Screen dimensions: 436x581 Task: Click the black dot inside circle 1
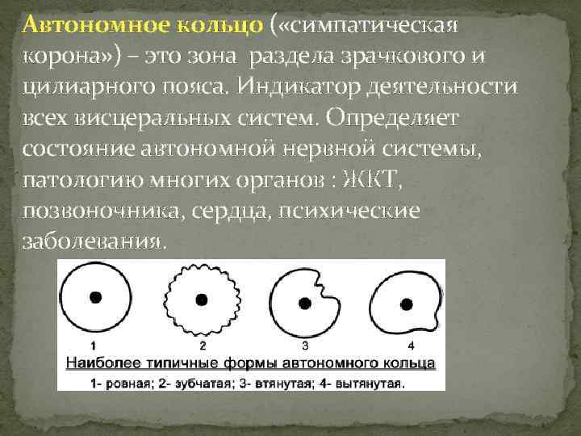[x=95, y=297]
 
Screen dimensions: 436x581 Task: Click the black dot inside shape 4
[x=404, y=303]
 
